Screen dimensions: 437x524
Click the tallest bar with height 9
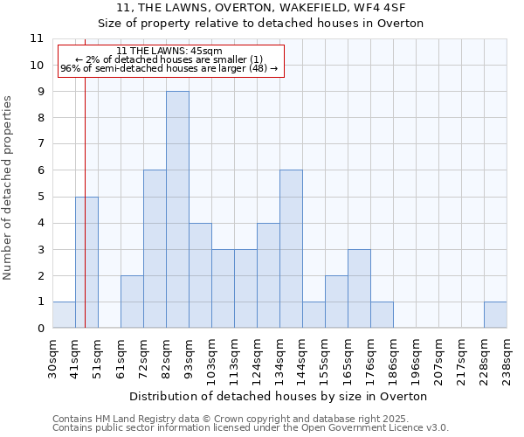pos(177,210)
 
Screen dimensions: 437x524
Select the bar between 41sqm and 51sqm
pos(86,262)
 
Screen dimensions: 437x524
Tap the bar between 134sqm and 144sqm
pos(291,249)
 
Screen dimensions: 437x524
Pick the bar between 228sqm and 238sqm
pos(495,315)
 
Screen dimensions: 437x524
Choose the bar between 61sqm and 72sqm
pos(132,302)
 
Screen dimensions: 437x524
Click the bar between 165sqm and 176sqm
pos(359,288)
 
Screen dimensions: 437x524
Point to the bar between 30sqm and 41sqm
pos(64,315)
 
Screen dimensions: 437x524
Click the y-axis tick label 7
pos(40,144)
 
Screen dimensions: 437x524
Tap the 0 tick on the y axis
pos(40,329)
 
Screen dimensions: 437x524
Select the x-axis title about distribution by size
pos(279,396)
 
